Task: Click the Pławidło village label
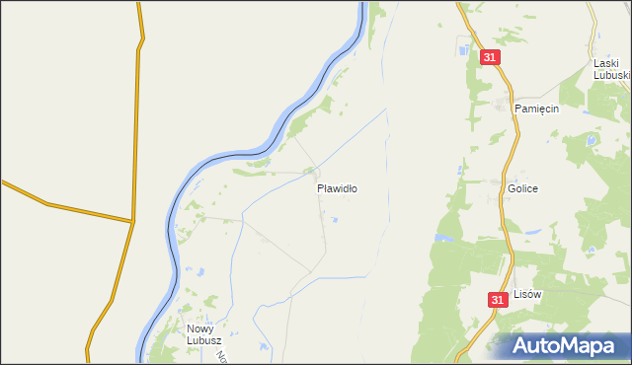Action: [337, 187]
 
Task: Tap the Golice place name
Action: [522, 188]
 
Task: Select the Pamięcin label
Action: [536, 109]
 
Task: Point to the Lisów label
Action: [529, 294]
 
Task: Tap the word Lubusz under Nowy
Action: [203, 341]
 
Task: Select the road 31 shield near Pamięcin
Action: [491, 58]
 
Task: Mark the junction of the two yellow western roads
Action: [132, 221]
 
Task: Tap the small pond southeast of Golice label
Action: [530, 232]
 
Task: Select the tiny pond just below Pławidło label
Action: [335, 220]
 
